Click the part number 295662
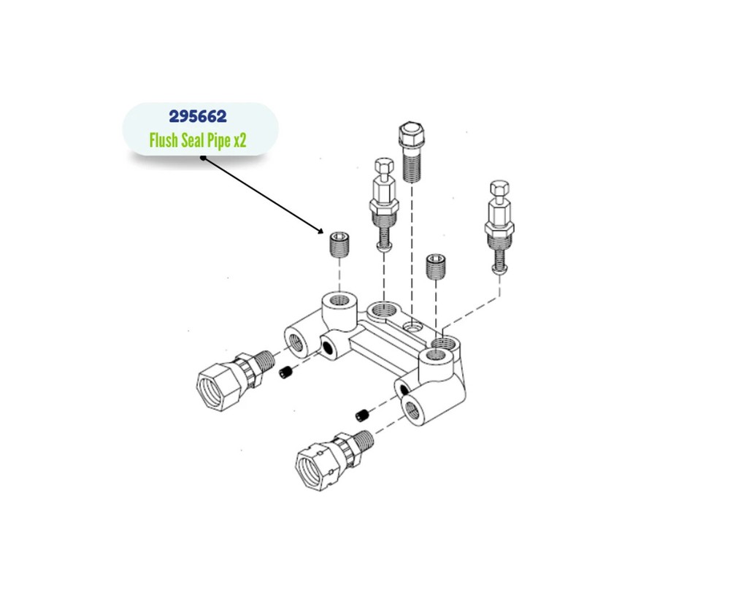click(x=198, y=116)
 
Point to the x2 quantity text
click(x=239, y=141)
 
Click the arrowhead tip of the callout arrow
click(x=323, y=233)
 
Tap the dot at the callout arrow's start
click(x=203, y=158)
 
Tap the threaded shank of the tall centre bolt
click(x=412, y=164)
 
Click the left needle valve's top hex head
click(x=384, y=165)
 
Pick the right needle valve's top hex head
click(x=499, y=188)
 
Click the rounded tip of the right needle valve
click(x=499, y=269)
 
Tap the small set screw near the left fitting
click(x=285, y=372)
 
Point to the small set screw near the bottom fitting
click(x=362, y=415)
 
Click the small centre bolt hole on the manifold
click(x=412, y=327)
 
